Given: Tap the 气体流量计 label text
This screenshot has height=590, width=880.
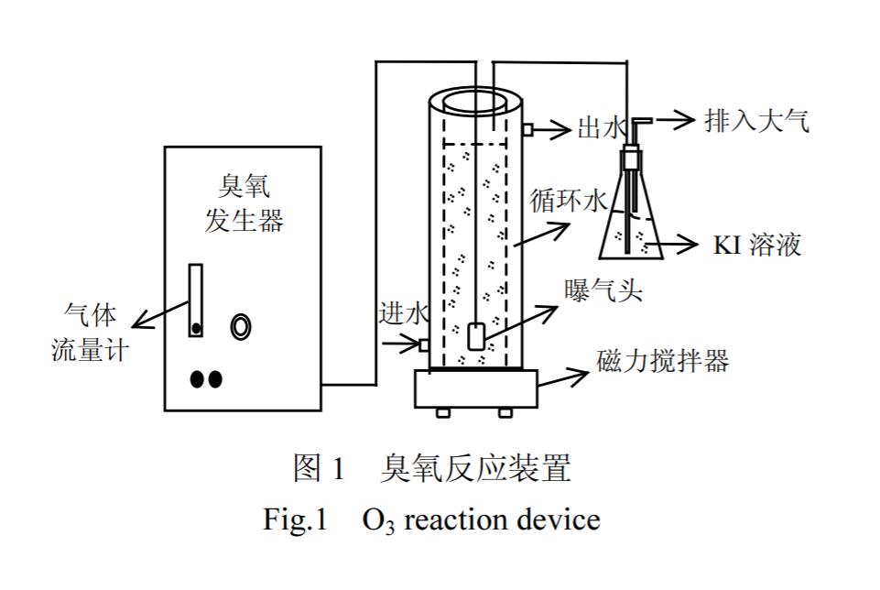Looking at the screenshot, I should (x=90, y=333).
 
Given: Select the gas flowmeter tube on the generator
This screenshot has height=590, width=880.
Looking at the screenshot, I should (x=196, y=300).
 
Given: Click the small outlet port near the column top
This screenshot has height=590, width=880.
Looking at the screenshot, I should (x=527, y=130).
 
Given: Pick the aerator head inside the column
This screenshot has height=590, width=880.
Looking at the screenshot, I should (x=476, y=336).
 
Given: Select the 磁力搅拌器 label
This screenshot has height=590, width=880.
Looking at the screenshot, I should (x=662, y=361).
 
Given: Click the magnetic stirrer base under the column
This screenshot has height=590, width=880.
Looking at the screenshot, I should (x=475, y=388).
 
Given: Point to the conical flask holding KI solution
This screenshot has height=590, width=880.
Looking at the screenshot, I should (x=630, y=224).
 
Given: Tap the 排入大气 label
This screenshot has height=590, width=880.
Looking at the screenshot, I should (x=756, y=121).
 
